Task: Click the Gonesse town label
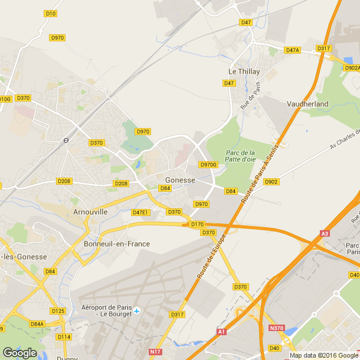pos(181,180)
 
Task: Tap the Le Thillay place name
pos(244,71)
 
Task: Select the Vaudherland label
pos(307,103)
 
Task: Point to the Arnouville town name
pos(90,211)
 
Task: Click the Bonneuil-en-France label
pos(117,244)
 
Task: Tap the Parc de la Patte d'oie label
pos(240,156)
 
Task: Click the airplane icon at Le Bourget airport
pos(137,310)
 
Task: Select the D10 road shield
pos(50,13)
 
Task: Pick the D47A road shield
pos(293,51)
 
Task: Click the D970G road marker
pos(209,165)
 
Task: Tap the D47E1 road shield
pos(140,212)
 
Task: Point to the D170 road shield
pos(197,224)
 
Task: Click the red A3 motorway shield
pos(325,234)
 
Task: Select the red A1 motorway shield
pos(221,332)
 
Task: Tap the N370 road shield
pos(276,328)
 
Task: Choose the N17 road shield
pos(155,352)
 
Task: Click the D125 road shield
pos(57,310)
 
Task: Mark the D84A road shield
pos(37,324)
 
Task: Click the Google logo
pos(19,352)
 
